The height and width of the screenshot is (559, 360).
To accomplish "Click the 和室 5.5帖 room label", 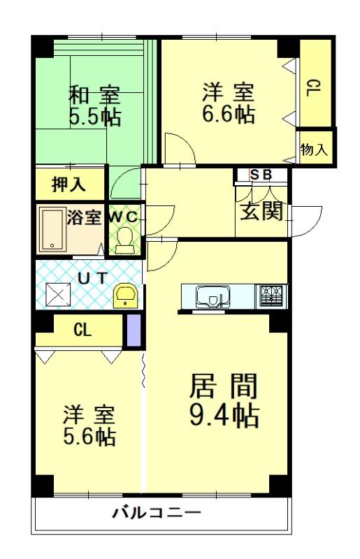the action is pyautogui.click(x=94, y=106).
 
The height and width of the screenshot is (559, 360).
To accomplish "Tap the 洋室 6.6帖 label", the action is pyautogui.click(x=229, y=103).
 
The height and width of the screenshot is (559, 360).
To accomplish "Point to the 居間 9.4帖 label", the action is pyautogui.click(x=224, y=400).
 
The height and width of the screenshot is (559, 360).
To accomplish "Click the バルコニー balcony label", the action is pyautogui.click(x=157, y=513).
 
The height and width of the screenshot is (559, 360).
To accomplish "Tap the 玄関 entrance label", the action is pyautogui.click(x=261, y=211).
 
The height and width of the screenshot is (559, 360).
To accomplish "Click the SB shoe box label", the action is pyautogui.click(x=261, y=175).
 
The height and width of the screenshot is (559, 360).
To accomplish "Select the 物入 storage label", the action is pyautogui.click(x=314, y=149).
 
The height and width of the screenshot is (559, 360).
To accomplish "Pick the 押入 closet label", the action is pyautogui.click(x=69, y=184).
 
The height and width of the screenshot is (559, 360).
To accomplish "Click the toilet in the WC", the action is pyautogui.click(x=124, y=237).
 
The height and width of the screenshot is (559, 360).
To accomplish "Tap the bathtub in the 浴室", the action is pyautogui.click(x=52, y=229).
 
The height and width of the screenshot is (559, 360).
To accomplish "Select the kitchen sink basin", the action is pyautogui.click(x=213, y=296).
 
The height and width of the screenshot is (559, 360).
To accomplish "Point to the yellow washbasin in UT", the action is pyautogui.click(x=125, y=296).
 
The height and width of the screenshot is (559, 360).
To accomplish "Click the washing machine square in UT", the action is pyautogui.click(x=58, y=296).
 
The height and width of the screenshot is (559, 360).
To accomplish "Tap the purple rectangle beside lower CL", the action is pyautogui.click(x=134, y=330).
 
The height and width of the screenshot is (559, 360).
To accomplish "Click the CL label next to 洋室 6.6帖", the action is pyautogui.click(x=314, y=88).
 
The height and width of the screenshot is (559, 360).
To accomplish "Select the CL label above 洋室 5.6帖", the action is pyautogui.click(x=82, y=330).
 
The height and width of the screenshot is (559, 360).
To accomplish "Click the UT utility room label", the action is pyautogui.click(x=92, y=278).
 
